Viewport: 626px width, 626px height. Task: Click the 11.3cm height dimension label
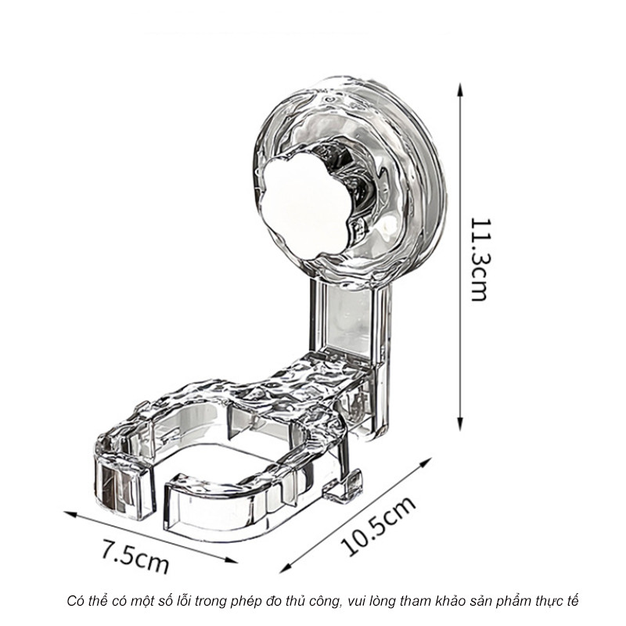(x=479, y=259)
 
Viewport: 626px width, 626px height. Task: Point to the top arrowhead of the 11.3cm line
(x=460, y=89)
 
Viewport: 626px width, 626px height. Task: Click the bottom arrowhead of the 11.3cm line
(x=460, y=424)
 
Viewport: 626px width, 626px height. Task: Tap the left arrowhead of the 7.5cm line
(x=70, y=513)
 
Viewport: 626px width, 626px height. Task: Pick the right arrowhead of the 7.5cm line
(x=231, y=560)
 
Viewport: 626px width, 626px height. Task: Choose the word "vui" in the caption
(x=356, y=601)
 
